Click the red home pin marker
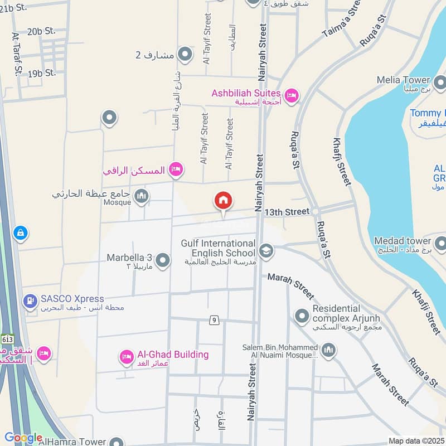tap(224, 201)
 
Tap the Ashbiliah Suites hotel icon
tap(291, 96)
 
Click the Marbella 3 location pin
tap(163, 260)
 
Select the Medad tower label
tap(403, 241)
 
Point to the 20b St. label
tap(42, 31)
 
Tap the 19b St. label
tap(42, 73)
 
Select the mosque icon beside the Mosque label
tap(142, 196)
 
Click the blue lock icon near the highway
tap(20, 233)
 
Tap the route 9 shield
tap(214, 320)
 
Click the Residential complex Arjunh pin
tap(302, 316)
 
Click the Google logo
tap(23, 438)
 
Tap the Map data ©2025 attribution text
tap(415, 440)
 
